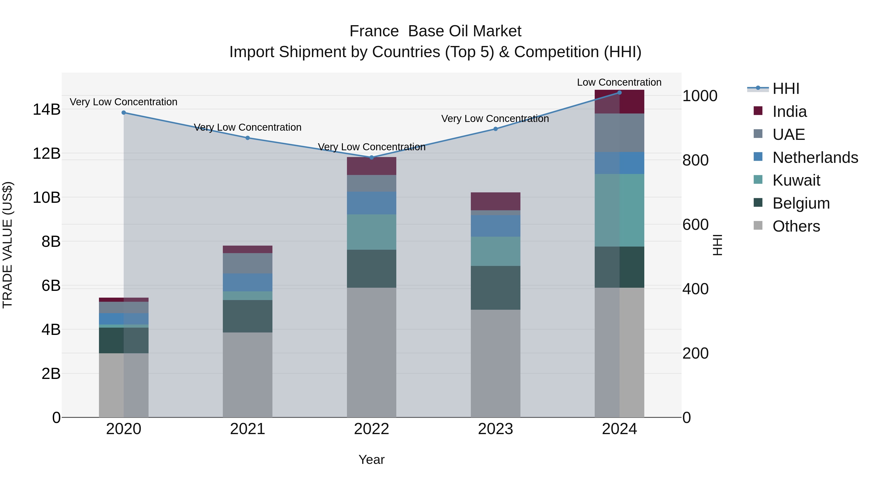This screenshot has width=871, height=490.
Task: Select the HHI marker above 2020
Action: [124, 113]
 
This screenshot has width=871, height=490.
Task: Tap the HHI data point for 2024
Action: [619, 93]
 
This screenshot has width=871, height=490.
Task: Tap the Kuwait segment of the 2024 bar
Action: [619, 210]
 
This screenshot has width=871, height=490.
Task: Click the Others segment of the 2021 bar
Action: [248, 375]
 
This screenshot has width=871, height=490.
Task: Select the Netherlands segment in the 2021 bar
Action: [248, 282]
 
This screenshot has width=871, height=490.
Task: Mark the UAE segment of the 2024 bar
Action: [619, 133]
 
